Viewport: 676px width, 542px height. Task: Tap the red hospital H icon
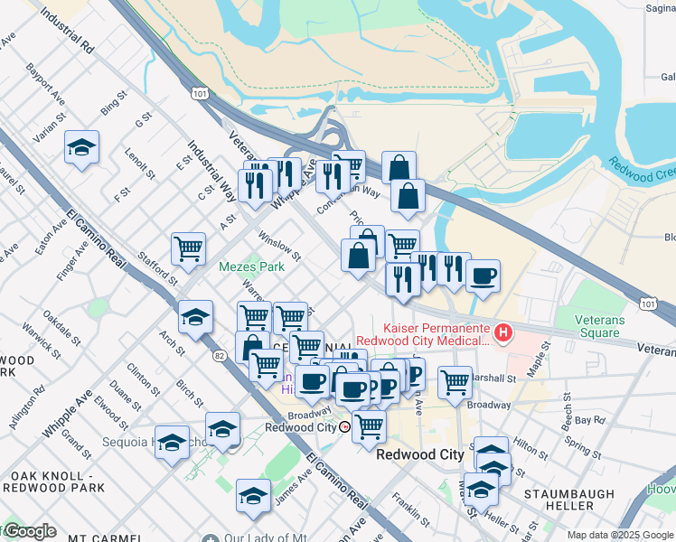click(502, 335)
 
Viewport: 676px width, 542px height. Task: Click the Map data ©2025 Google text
click(621, 535)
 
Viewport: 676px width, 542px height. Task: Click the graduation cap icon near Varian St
click(81, 148)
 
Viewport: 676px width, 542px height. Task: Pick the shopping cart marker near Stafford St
click(188, 248)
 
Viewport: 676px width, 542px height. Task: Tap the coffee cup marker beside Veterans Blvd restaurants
click(483, 275)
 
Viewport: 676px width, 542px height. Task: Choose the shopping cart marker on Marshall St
click(455, 382)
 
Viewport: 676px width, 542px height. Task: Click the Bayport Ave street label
click(45, 81)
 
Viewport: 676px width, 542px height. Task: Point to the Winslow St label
click(279, 244)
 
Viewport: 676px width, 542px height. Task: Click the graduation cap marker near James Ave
click(253, 496)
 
